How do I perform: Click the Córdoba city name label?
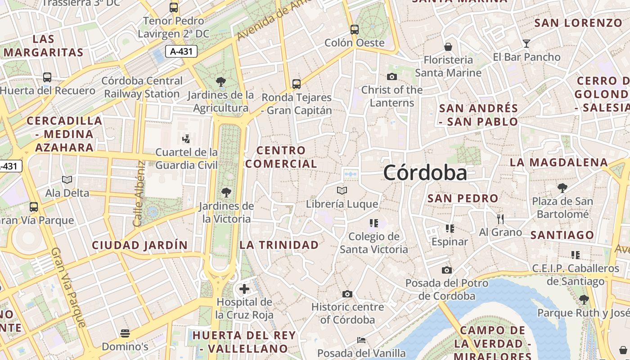(x=425, y=173)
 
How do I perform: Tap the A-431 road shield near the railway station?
(x=181, y=51)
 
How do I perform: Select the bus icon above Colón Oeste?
(x=355, y=30)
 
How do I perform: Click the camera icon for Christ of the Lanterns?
(x=391, y=76)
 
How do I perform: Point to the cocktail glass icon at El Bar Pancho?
(x=526, y=44)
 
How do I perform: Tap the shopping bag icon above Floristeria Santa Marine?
(x=448, y=47)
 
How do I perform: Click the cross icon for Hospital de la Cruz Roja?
(x=244, y=288)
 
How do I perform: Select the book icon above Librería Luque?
(x=342, y=191)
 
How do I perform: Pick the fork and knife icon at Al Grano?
(x=500, y=219)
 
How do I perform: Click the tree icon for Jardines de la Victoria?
(x=226, y=193)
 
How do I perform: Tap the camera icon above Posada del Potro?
(x=446, y=270)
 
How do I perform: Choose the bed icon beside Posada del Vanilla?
(x=361, y=340)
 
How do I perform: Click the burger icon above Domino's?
(x=125, y=333)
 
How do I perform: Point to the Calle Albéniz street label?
(x=139, y=193)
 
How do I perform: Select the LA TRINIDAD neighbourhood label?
(x=279, y=245)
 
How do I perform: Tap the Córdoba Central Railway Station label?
(x=142, y=87)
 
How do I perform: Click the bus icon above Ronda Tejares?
(x=296, y=84)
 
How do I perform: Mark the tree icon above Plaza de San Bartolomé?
(x=562, y=188)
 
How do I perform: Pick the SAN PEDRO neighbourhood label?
(x=463, y=198)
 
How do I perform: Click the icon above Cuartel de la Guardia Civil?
(x=186, y=139)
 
